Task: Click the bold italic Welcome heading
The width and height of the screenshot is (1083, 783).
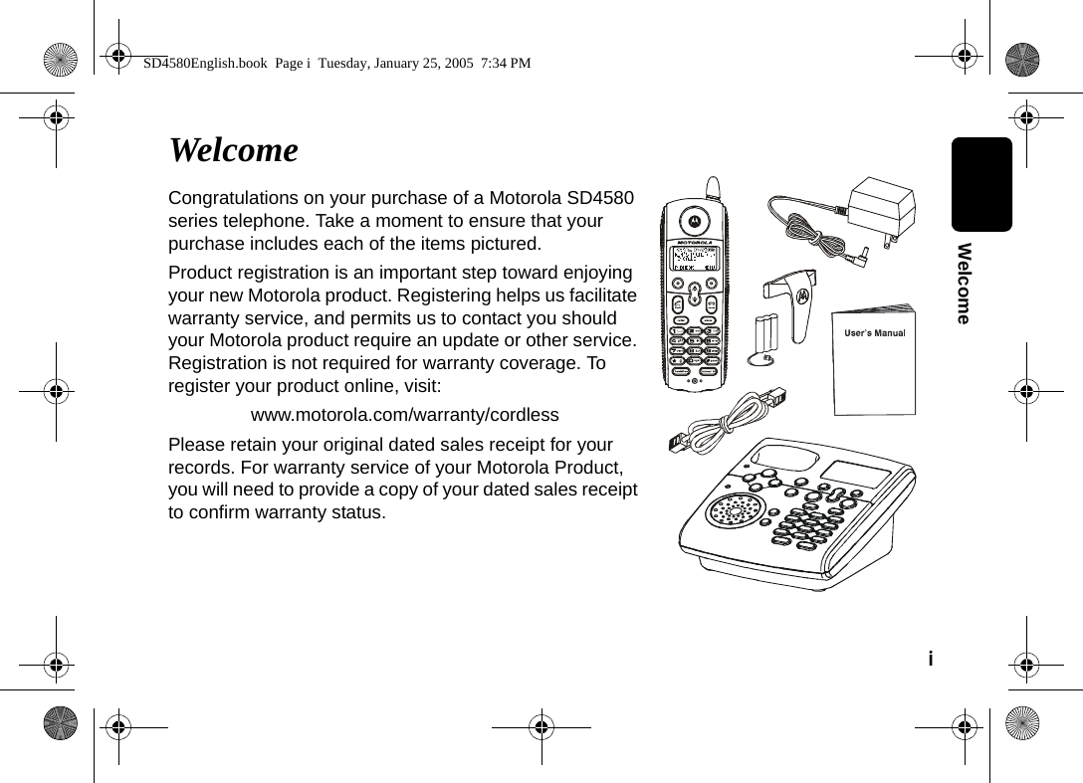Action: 233,150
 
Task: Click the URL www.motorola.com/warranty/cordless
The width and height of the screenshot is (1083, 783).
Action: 404,414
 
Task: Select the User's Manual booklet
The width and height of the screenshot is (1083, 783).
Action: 874,360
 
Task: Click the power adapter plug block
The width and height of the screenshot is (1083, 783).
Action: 880,210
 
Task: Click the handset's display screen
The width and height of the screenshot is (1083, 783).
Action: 695,260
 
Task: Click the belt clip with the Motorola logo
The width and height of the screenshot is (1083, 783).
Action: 793,297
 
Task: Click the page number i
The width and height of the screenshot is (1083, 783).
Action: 931,660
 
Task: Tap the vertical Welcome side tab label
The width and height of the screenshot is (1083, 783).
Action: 963,283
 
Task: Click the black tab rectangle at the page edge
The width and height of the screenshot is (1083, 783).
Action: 980,184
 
